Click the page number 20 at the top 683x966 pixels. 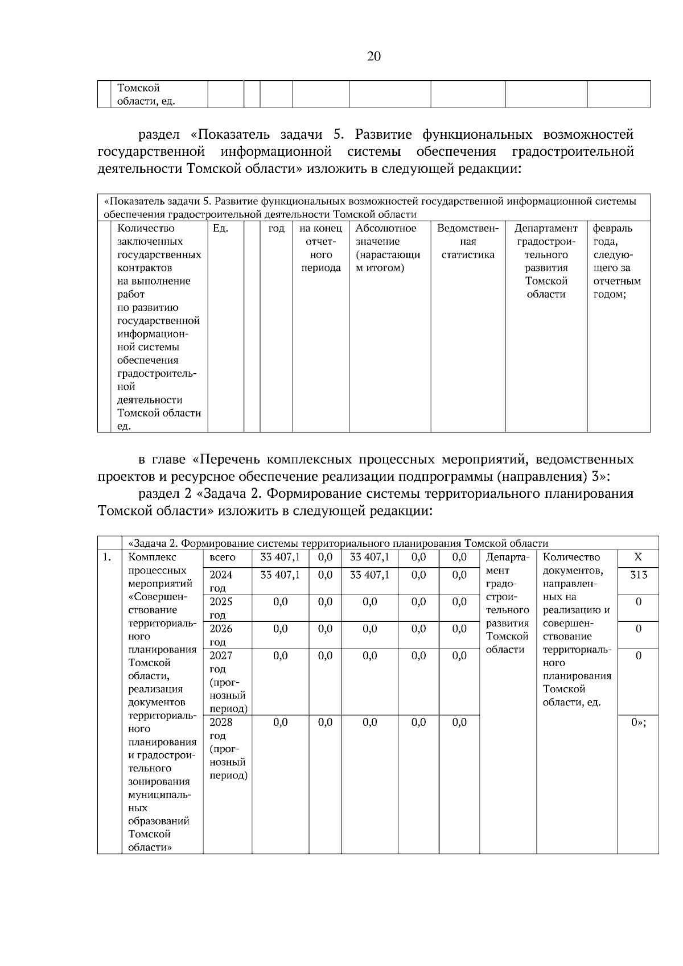(x=374, y=56)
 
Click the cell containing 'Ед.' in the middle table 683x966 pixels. (x=220, y=229)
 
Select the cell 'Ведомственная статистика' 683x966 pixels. (x=468, y=242)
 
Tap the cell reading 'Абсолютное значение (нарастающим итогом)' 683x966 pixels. (x=388, y=248)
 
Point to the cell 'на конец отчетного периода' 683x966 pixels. (x=321, y=248)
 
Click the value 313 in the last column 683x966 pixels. (x=639, y=575)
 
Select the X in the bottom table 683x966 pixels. (x=638, y=558)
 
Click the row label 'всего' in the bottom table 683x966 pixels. (x=223, y=558)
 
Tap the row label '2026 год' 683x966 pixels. (x=221, y=635)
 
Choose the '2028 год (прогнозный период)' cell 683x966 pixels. (x=228, y=749)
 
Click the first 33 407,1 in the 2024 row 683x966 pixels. (x=280, y=575)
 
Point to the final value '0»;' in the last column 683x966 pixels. (x=639, y=723)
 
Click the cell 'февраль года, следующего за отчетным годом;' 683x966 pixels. (x=617, y=262)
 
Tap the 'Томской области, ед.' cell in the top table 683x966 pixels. (x=146, y=95)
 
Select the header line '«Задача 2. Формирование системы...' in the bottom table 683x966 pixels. (x=339, y=543)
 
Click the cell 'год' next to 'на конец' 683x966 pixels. (x=276, y=229)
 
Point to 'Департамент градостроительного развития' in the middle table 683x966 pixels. (x=546, y=262)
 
